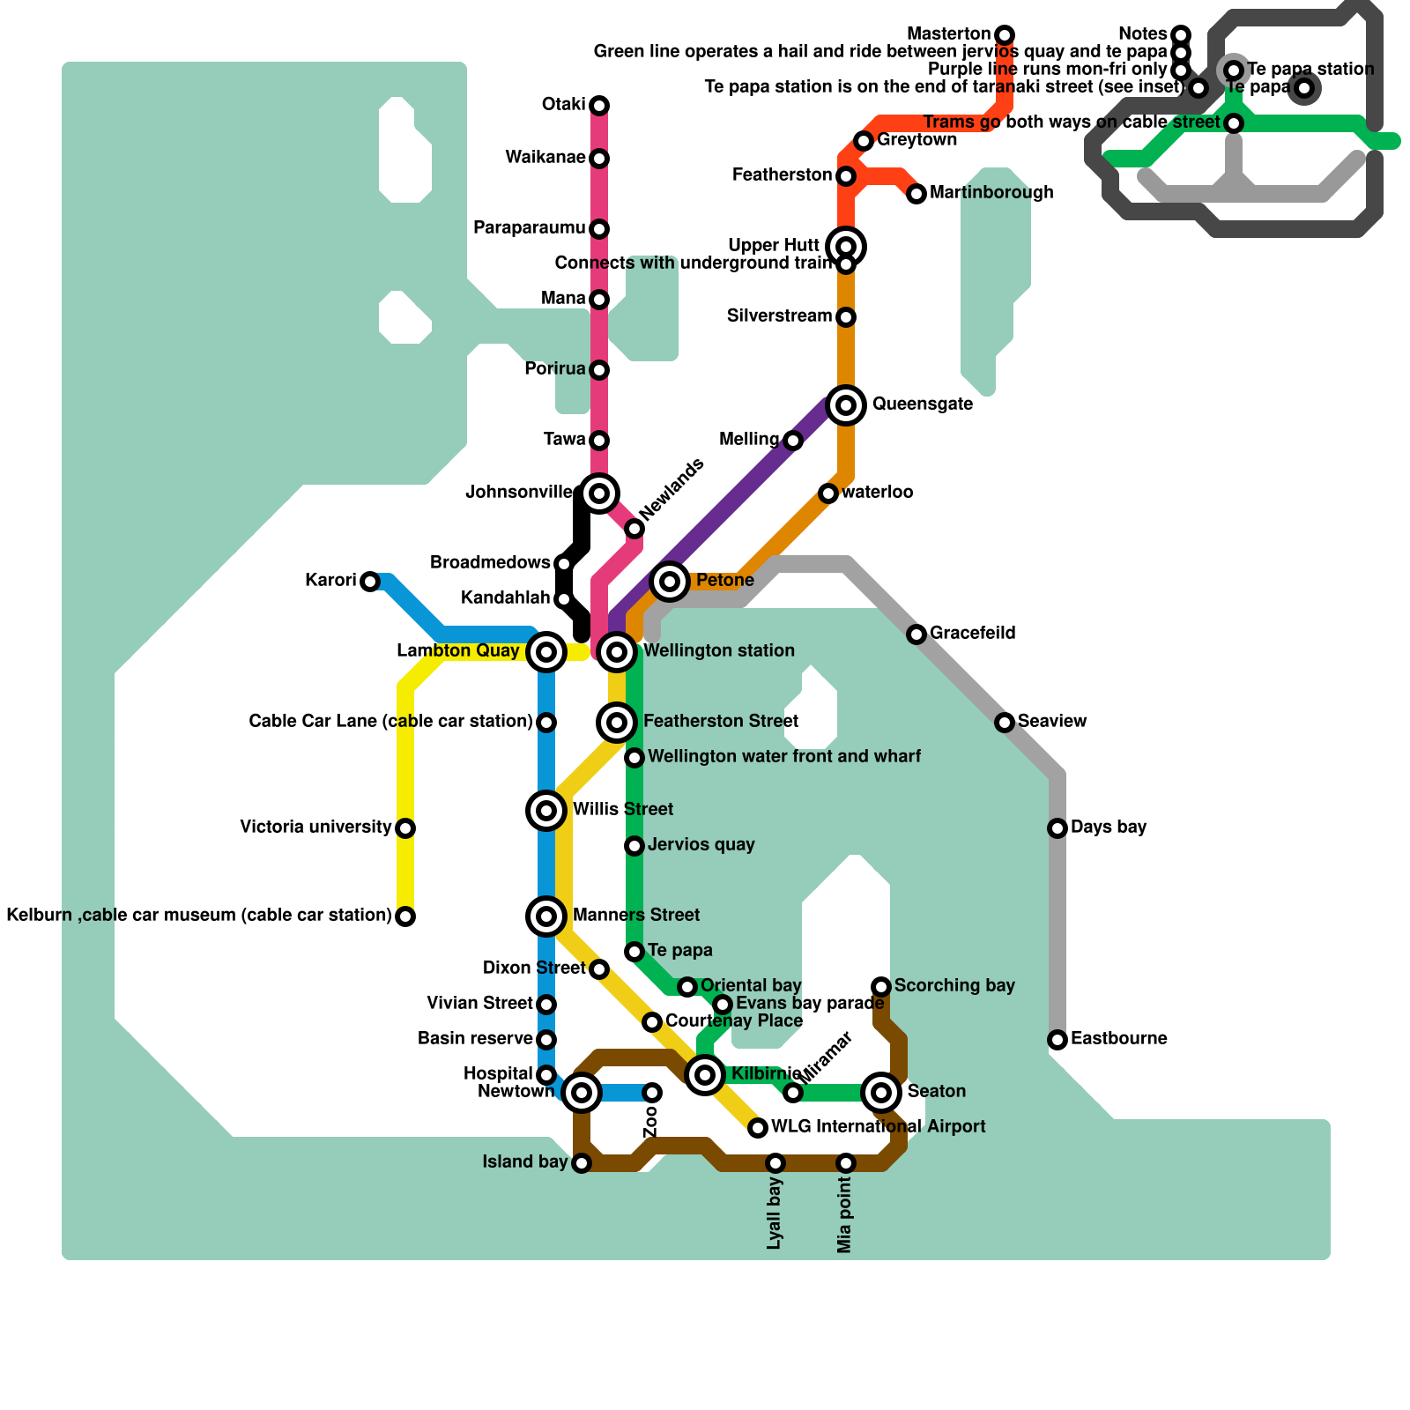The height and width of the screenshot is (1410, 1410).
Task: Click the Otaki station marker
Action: pos(599,106)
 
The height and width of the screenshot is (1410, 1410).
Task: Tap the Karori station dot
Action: pos(370,582)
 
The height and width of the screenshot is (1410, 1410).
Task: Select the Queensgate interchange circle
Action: pos(846,405)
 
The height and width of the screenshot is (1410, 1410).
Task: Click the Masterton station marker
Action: pos(1005,35)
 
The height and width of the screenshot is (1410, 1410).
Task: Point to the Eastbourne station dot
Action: pos(1057,1040)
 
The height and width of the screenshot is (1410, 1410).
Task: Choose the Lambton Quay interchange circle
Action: pos(546,652)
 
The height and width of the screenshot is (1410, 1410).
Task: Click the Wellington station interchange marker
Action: pos(617,652)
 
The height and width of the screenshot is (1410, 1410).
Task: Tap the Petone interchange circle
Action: pos(670,582)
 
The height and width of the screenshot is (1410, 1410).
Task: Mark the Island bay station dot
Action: pos(582,1163)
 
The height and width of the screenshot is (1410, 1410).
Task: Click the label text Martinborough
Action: pos(991,193)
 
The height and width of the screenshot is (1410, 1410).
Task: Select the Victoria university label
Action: pos(315,827)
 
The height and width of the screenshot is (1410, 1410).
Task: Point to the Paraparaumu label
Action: pos(529,228)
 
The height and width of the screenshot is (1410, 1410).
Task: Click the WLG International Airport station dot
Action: pos(758,1128)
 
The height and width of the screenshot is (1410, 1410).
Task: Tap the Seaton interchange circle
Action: pos(881,1093)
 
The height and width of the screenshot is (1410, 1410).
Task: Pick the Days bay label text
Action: pos(1109,827)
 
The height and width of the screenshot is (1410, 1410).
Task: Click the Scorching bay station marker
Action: pos(881,987)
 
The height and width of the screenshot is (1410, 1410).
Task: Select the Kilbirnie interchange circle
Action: pos(705,1075)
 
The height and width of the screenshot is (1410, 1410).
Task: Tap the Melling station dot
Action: pos(793,441)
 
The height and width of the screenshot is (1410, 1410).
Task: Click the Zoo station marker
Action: pos(652,1093)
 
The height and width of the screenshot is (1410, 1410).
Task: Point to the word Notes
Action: pos(1142,34)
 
